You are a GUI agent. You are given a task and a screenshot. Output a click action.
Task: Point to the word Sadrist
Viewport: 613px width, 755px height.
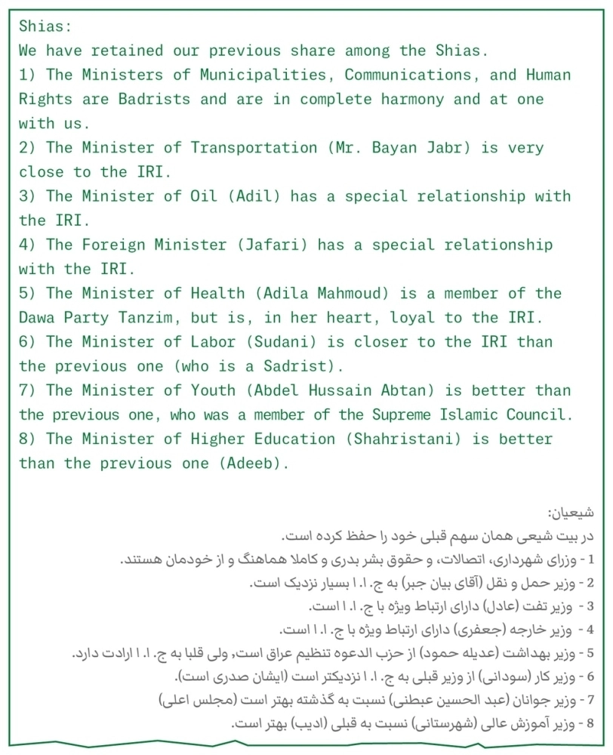295,366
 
